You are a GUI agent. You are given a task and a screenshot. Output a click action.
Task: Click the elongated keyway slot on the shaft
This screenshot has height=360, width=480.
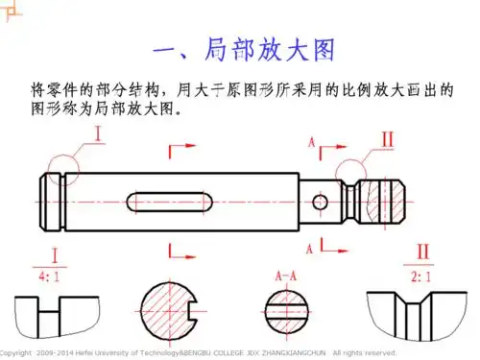point(169,203)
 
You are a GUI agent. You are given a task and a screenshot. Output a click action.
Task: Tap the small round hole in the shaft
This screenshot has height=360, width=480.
point(319,202)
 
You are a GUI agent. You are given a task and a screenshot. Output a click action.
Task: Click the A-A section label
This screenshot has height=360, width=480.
point(286,276)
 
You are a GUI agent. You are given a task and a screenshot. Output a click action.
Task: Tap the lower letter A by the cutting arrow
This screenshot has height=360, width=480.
point(311,248)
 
